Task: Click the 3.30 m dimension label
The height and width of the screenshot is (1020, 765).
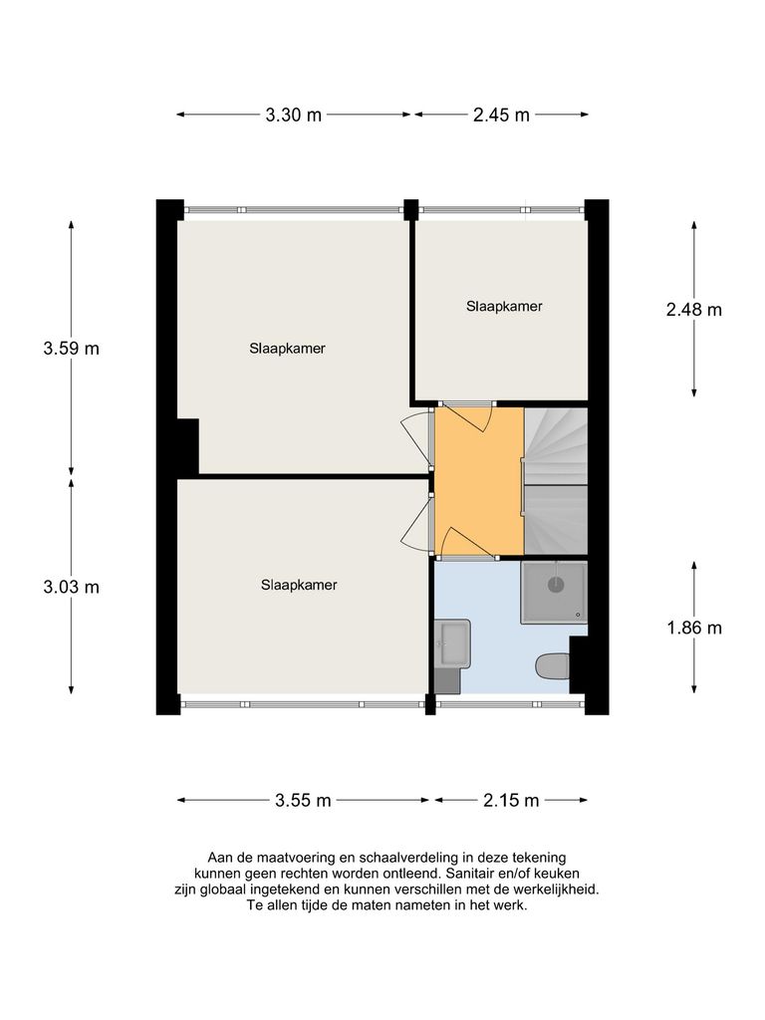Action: (x=294, y=115)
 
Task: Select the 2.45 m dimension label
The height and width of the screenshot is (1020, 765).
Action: (x=500, y=115)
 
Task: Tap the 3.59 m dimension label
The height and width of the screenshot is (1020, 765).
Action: (x=71, y=349)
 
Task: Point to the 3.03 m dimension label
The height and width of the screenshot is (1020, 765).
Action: (x=71, y=587)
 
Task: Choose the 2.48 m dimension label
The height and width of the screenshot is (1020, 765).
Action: (x=693, y=309)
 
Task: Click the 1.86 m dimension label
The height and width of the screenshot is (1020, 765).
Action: (x=693, y=628)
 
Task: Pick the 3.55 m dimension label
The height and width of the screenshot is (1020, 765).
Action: (x=304, y=800)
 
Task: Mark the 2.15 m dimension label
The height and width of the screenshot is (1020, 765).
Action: (x=511, y=800)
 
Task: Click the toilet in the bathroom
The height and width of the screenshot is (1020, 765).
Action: (x=552, y=665)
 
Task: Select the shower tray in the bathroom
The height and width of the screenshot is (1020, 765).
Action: (x=554, y=592)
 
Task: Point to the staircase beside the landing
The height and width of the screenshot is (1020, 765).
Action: (x=556, y=480)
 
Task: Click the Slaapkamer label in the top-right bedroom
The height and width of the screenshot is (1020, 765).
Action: (x=504, y=307)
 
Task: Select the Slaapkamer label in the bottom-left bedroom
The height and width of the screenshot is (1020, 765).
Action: (x=299, y=586)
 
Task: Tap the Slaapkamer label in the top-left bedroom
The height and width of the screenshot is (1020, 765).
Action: (x=288, y=349)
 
